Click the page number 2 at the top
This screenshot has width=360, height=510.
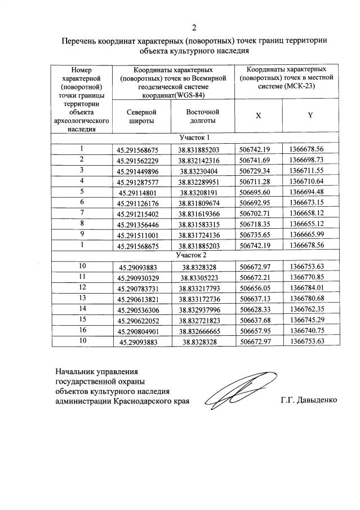pyautogui.click(x=194, y=27)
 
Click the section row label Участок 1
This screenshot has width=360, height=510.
pyautogui.click(x=194, y=138)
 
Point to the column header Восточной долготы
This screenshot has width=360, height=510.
pyautogui.click(x=202, y=116)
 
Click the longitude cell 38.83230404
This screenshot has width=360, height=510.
pyautogui.click(x=202, y=171)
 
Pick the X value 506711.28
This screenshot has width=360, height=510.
pyautogui.click(x=256, y=181)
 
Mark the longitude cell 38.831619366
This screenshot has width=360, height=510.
pyautogui.click(x=202, y=212)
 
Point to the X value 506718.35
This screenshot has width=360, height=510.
pyautogui.click(x=256, y=223)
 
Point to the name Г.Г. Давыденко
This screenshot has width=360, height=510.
pyautogui.click(x=308, y=401)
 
